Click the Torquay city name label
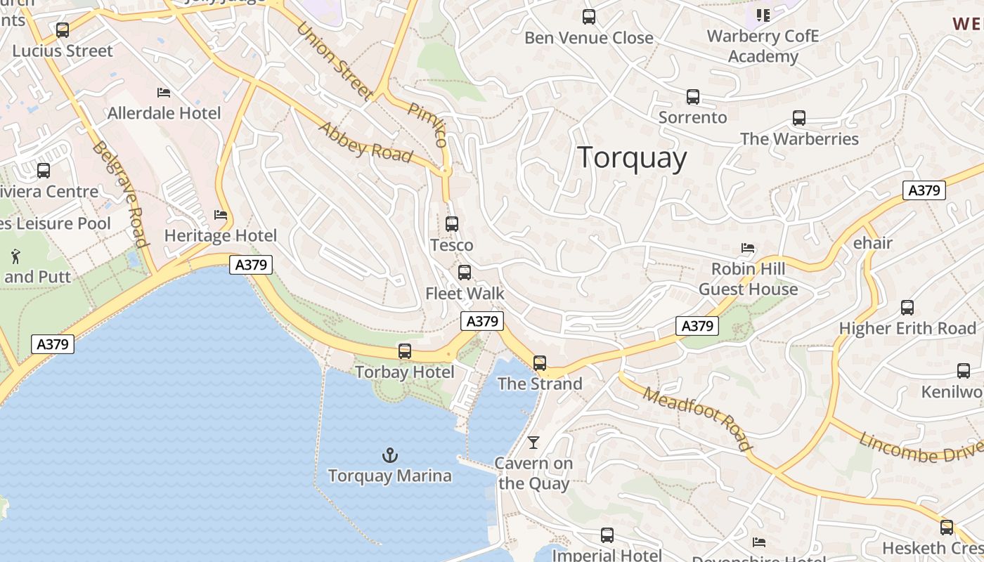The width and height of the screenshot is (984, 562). pos(632,157)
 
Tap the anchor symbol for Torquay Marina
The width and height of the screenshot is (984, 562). pos(389,455)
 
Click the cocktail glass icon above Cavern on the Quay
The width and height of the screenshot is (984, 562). pos(533,442)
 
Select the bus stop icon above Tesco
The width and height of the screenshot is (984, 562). pos(452,224)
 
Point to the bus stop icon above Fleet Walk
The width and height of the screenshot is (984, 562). pos(465,273)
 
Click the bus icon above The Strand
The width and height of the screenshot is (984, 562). pos(540,362)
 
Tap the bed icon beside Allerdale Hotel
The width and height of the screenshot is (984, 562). pos(164,93)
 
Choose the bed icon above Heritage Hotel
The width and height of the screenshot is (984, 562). pos(221,215)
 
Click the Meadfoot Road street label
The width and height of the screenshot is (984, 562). pos(697,419)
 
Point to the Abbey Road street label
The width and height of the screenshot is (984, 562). pos(365,142)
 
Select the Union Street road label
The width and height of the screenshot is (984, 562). pos(334,60)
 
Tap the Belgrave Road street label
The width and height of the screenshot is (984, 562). pos(120,195)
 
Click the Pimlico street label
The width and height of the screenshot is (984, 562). pos(427,124)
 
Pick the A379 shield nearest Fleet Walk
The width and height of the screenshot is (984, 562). pos(482,321)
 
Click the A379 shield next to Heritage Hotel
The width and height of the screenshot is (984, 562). pos(251,265)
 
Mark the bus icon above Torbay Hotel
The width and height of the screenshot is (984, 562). pos(405,351)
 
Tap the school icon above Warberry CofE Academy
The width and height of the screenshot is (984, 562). pos(763,15)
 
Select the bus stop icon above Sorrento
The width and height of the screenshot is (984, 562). pos(693,97)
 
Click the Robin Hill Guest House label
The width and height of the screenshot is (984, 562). pos(748,279)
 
